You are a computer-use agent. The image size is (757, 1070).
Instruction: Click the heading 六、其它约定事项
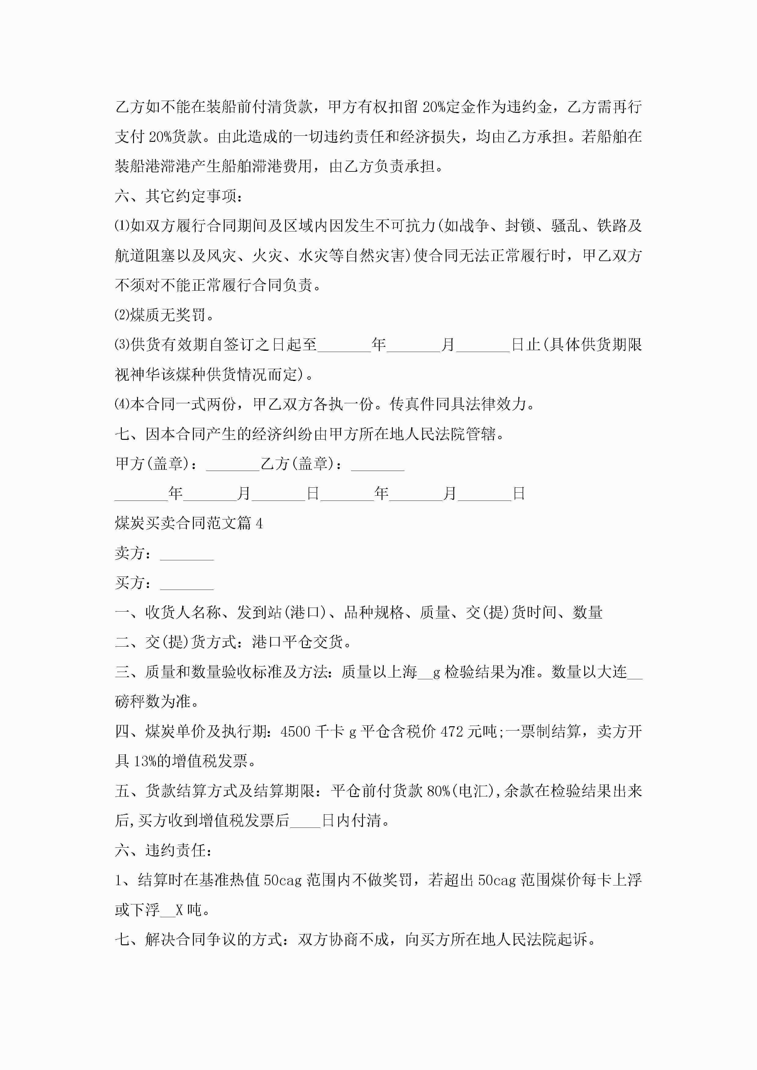pos(178,196)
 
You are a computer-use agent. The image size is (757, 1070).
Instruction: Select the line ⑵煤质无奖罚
pos(164,315)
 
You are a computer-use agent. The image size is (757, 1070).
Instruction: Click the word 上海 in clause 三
pos(402,672)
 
